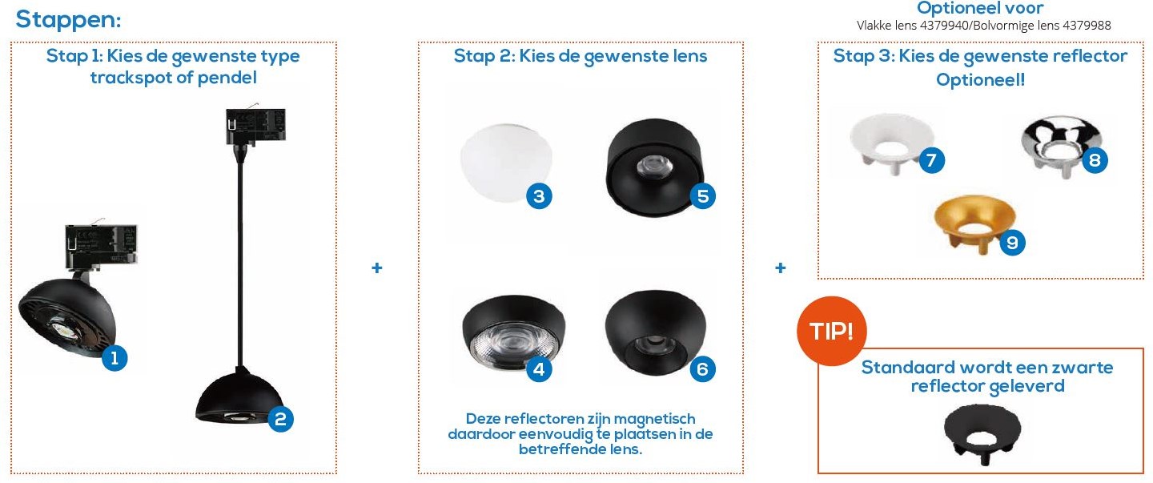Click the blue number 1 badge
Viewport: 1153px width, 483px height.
[x=114, y=357]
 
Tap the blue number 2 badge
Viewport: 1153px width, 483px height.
[x=280, y=419]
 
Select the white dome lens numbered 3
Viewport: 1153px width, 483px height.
[x=505, y=162]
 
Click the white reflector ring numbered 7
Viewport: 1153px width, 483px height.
[x=891, y=143]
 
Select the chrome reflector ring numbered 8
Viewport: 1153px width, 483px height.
[x=1062, y=145]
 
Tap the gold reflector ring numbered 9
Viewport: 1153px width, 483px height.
[x=974, y=222]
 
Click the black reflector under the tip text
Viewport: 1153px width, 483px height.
[x=982, y=433]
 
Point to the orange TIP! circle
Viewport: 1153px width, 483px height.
[x=831, y=331]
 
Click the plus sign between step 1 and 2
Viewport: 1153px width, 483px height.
[x=377, y=268]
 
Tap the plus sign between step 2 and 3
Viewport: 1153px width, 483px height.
[x=781, y=268]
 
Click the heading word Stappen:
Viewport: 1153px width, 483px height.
[x=68, y=19]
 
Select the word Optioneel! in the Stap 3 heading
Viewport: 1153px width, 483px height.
[x=980, y=80]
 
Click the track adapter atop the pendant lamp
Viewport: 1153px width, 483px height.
[x=255, y=125]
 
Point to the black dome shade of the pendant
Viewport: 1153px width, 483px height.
[x=240, y=396]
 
